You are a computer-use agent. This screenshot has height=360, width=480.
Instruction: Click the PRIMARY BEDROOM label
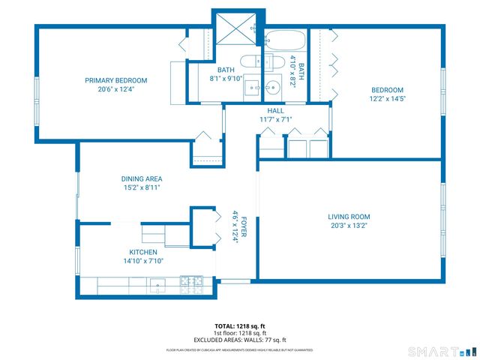click(x=115, y=80)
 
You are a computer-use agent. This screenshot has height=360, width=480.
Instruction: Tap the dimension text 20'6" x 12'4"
click(x=115, y=88)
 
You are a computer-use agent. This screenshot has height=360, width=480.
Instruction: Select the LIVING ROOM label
click(x=349, y=217)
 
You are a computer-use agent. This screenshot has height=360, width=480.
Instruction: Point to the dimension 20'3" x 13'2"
click(x=349, y=225)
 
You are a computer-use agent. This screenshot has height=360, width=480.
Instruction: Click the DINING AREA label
click(x=142, y=179)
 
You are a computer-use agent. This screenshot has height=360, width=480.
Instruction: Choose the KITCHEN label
click(x=143, y=253)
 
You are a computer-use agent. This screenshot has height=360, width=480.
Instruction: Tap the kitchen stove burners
click(x=187, y=283)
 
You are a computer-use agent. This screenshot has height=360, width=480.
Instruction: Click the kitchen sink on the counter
click(x=158, y=283)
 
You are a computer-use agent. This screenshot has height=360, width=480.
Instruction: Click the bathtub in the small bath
click(x=285, y=40)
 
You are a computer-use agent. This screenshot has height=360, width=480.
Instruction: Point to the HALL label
click(x=275, y=111)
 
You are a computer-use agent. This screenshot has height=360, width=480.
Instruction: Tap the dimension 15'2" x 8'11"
click(x=142, y=187)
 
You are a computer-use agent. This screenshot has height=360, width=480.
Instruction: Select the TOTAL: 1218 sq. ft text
click(x=240, y=326)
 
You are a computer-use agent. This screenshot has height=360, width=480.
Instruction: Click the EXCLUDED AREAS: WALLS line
click(x=240, y=340)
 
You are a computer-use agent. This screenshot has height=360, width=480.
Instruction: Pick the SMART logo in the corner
click(x=441, y=351)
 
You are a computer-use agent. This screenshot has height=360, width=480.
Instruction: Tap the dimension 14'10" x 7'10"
click(x=143, y=261)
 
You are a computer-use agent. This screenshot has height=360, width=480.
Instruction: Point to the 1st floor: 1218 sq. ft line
click(x=240, y=333)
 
